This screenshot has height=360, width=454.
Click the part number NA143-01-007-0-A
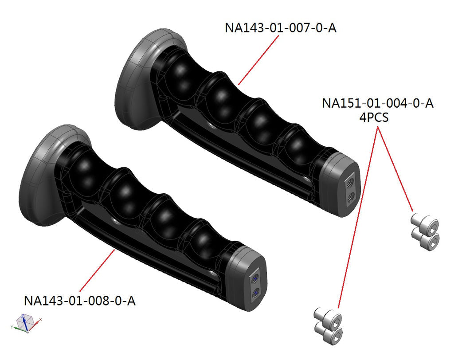(281, 28)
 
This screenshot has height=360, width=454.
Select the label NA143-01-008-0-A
(80, 301)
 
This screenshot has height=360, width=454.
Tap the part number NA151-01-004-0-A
(377, 104)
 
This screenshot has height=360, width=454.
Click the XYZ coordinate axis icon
(25, 323)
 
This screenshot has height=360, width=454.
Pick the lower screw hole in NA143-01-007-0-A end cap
(350, 196)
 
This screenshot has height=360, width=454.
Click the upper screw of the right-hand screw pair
(425, 223)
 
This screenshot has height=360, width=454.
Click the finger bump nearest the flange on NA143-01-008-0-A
(82, 171)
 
